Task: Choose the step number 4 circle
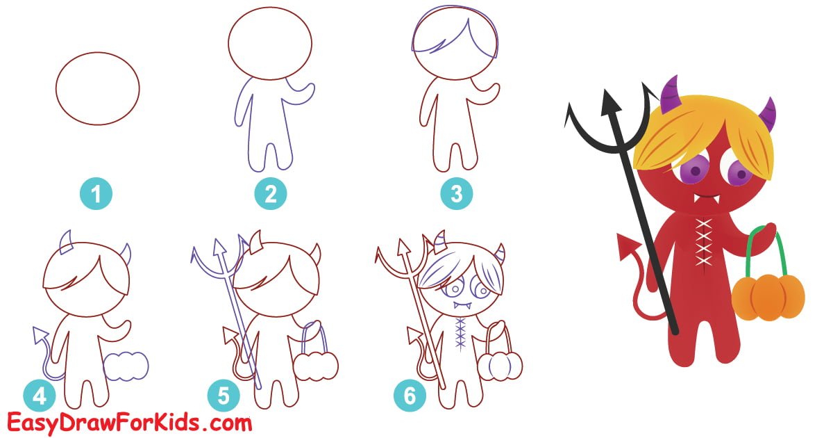(39, 396)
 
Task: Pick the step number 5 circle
(223, 396)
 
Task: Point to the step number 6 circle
(409, 396)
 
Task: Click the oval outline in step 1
(97, 89)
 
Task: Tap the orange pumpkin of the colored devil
(768, 296)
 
